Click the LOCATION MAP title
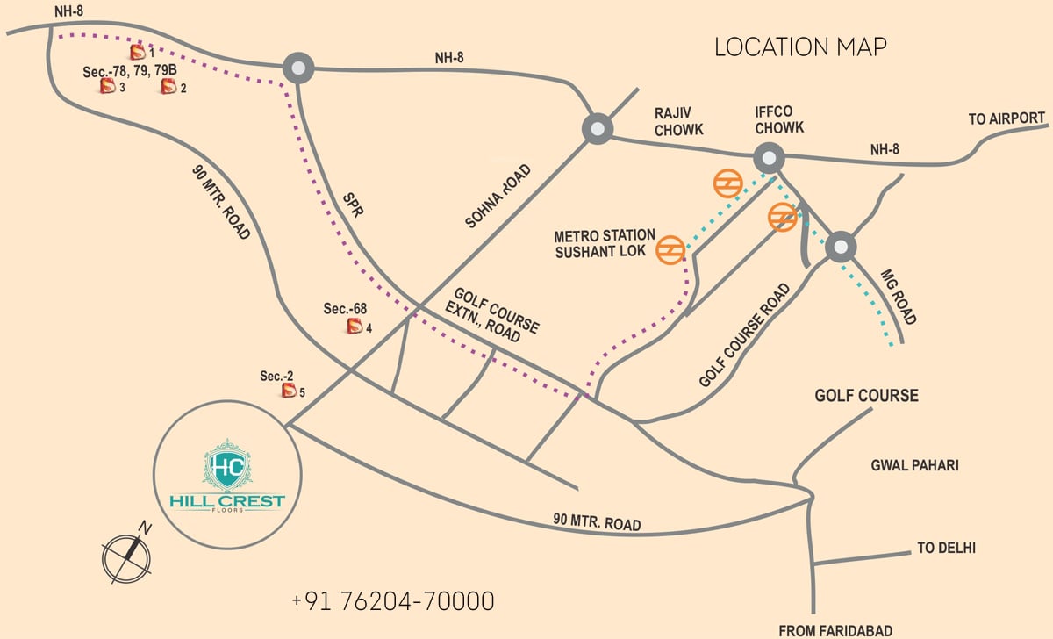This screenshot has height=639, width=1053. tap(800, 47)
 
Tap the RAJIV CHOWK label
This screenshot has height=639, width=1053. tap(679, 121)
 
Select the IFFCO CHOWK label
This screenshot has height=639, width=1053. tap(779, 120)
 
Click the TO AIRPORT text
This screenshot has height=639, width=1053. tap(1006, 118)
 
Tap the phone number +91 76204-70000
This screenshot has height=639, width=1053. tap(393, 601)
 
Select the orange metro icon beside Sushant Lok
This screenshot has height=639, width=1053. tap(670, 249)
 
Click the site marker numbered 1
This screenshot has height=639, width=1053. tap(138, 52)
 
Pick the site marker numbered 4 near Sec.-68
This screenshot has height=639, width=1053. tap(355, 326)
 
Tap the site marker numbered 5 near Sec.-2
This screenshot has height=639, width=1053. tap(289, 391)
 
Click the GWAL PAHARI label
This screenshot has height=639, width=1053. tap(914, 465)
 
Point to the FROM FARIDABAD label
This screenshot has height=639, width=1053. tap(835, 630)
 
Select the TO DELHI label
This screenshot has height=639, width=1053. tap(946, 548)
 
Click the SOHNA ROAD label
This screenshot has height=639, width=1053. tap(498, 196)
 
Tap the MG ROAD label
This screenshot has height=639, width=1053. tap(899, 297)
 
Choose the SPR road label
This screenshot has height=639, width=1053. tap(353, 205)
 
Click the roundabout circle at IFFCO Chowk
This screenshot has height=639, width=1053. tap(769, 158)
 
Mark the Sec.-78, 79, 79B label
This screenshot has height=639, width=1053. tap(130, 71)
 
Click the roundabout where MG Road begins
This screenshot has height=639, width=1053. tap(841, 247)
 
